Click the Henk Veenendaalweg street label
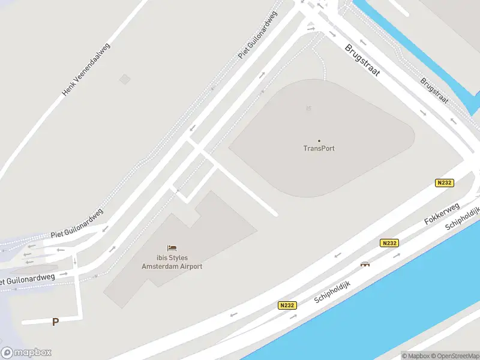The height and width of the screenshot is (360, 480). point(87,73)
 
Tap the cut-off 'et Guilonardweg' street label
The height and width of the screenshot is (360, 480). point(28,279)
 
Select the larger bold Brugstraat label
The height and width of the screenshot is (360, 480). point(362,59)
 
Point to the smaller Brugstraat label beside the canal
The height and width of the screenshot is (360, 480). point(434,91)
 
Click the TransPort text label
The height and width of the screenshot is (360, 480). point(319,148)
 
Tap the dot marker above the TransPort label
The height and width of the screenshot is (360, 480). point(319,140)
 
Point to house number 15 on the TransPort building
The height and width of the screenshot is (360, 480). point(308,109)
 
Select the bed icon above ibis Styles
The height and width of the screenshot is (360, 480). point(172,248)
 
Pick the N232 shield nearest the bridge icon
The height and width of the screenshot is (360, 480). point(388,243)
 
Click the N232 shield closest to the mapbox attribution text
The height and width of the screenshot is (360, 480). point(287,305)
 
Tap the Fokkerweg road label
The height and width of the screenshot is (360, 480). point(442,214)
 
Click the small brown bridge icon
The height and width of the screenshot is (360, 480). point(365,263)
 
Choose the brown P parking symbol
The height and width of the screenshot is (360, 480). point(55,322)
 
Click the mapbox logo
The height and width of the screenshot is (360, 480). point(26,352)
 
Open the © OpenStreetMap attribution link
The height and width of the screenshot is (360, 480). point(455,356)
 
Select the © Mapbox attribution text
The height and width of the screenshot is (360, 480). point(415,356)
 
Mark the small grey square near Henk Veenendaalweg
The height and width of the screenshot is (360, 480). point(124,79)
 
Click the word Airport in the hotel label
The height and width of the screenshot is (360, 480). point(188,266)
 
